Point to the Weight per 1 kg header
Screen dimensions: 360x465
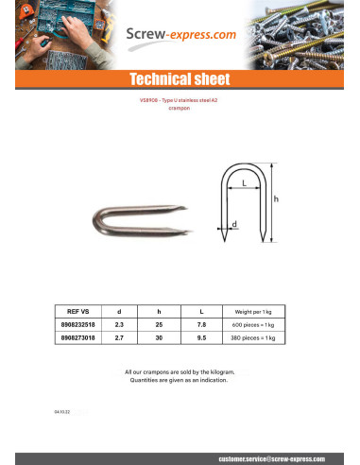click(252, 310)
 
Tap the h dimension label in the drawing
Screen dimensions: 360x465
click(276, 199)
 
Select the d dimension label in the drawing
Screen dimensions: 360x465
click(233, 224)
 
